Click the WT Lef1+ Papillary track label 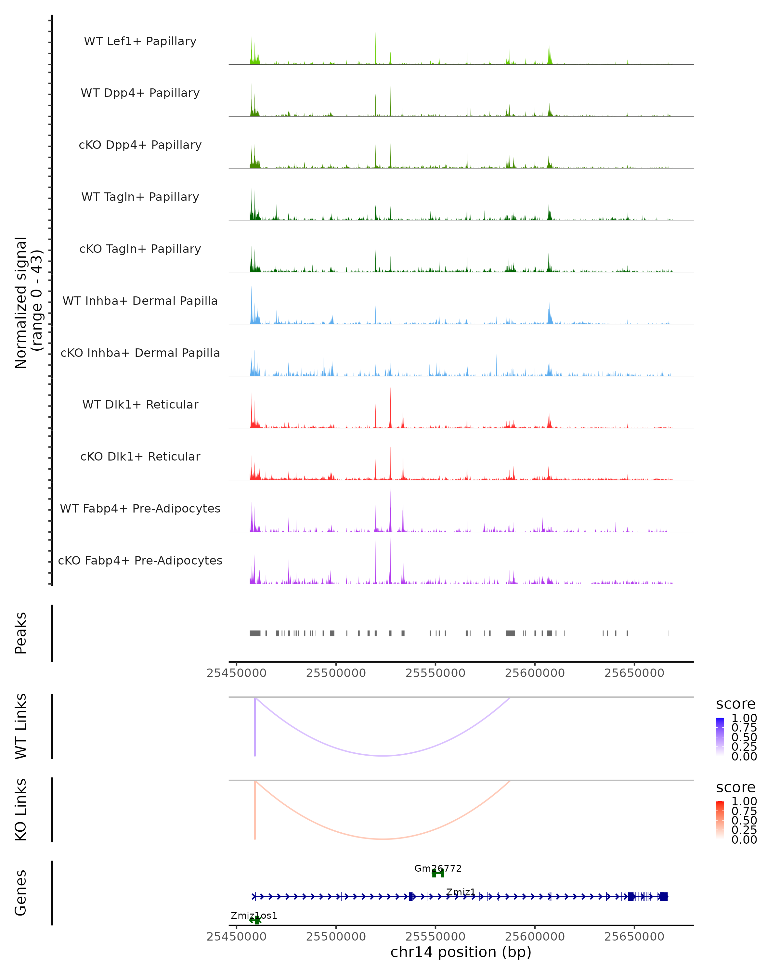click(x=140, y=41)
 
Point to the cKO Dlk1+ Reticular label click(x=140, y=456)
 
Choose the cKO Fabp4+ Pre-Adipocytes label click(x=140, y=560)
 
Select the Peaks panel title click(x=21, y=633)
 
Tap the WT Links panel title click(x=21, y=726)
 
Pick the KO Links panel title click(x=21, y=810)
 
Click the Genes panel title click(x=21, y=893)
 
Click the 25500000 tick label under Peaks click(x=336, y=673)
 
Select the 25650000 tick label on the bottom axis click(x=634, y=937)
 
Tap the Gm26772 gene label click(x=438, y=868)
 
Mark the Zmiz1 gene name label click(x=461, y=892)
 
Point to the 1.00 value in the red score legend click(x=744, y=801)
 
